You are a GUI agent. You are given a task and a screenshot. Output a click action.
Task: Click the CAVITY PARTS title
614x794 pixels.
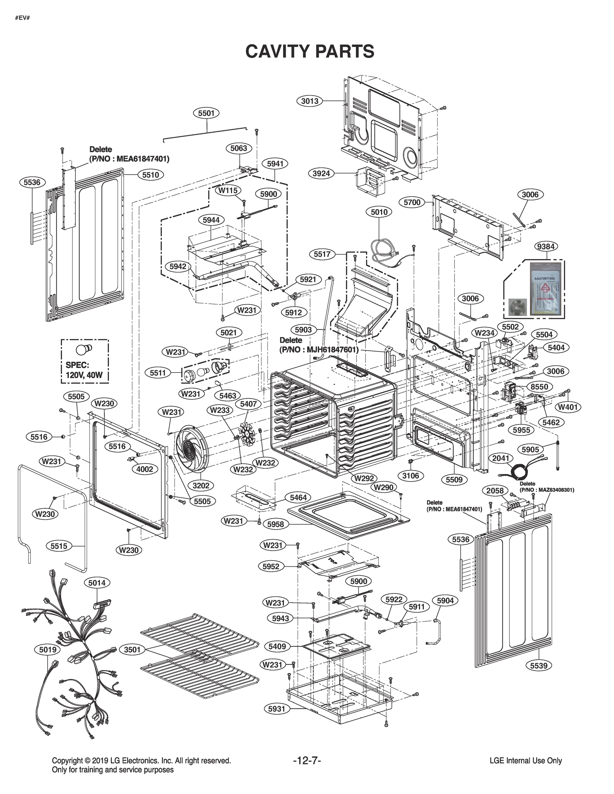(x=310, y=51)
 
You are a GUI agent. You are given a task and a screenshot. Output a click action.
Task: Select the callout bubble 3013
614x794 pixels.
(x=309, y=101)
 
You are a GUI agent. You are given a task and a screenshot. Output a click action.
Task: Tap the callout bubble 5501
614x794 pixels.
(x=206, y=113)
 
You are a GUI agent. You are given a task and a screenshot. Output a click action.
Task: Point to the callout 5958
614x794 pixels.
(x=275, y=524)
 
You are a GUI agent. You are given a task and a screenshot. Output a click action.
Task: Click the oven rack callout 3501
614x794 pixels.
(x=132, y=649)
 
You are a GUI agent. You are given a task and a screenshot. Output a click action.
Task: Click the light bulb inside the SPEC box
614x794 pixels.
(x=84, y=349)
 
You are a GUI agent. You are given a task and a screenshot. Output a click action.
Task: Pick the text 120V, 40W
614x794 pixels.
(x=84, y=375)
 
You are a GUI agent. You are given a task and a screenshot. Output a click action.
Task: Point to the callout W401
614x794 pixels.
(x=568, y=407)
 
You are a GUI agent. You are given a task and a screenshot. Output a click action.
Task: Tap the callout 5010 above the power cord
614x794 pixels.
(x=379, y=212)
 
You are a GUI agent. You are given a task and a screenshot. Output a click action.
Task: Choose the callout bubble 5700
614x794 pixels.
(x=412, y=202)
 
